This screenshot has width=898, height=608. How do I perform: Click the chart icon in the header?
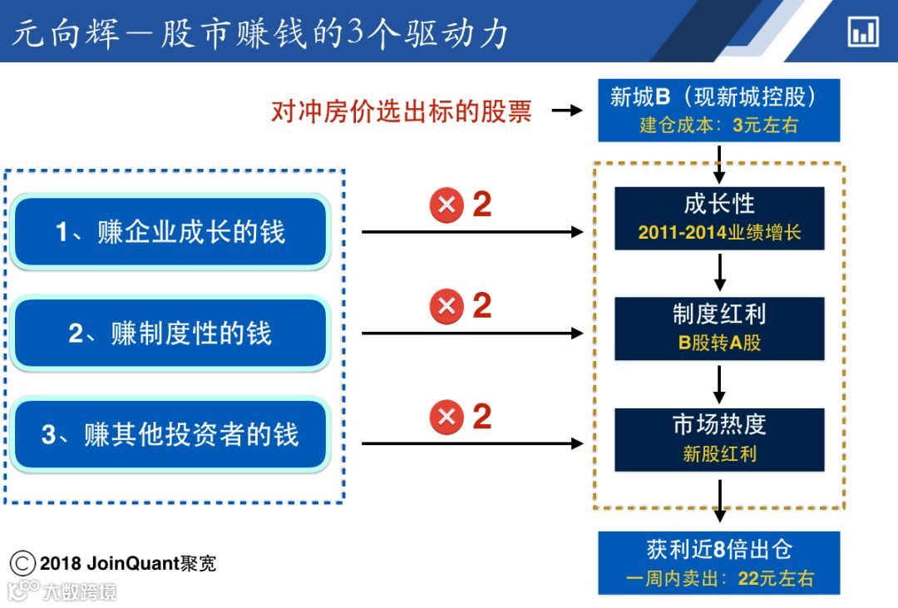point(863,32)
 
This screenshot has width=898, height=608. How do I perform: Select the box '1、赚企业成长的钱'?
point(170,232)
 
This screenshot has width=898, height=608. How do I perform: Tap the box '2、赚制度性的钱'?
point(170,334)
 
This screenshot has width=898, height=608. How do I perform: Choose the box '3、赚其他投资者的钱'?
point(170,435)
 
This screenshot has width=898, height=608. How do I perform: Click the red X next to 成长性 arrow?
point(447,205)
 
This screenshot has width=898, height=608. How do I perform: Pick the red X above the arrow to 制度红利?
point(447,307)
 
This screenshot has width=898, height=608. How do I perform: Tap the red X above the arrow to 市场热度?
point(447,417)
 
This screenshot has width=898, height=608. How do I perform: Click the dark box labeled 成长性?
point(719,218)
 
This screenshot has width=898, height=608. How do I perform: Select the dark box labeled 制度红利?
point(719,328)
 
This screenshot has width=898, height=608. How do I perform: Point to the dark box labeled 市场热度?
point(719,439)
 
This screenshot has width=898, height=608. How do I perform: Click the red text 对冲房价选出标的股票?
point(401,111)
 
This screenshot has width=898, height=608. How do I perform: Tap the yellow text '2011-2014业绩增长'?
point(719,233)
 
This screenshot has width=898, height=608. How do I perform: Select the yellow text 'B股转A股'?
point(719,343)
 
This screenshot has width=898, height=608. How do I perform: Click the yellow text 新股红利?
point(719,454)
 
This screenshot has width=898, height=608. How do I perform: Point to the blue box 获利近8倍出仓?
point(719,562)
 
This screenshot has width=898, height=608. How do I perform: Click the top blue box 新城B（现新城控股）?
point(719,110)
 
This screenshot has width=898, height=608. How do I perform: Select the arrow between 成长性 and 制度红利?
point(720,272)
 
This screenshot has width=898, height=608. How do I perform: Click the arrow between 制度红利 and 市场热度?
point(720,383)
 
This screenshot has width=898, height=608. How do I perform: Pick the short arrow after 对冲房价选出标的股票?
point(567,110)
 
